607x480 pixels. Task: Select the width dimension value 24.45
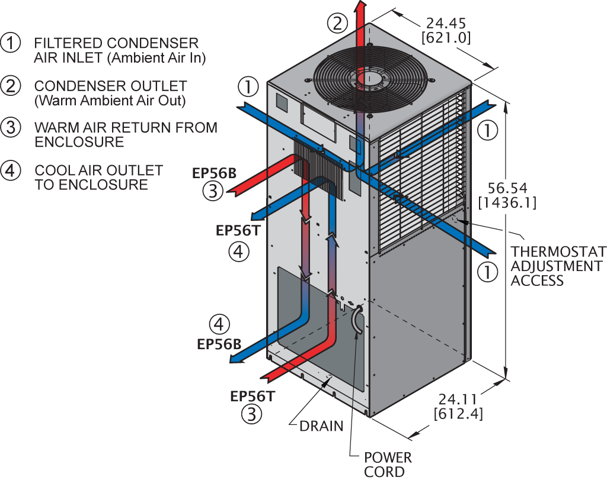click(445, 24)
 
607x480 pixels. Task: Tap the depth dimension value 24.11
click(458, 399)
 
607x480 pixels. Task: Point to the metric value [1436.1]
click(507, 203)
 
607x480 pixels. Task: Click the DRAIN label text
click(321, 426)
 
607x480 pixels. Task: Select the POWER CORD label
click(388, 464)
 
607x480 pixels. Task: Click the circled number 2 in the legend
click(11, 86)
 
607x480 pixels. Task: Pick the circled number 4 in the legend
click(11, 170)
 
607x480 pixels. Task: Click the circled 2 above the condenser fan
click(337, 24)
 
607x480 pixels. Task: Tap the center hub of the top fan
click(370, 78)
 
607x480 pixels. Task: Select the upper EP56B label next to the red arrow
click(215, 173)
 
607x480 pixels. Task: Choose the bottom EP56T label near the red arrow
click(253, 397)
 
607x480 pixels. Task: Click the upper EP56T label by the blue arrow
click(238, 231)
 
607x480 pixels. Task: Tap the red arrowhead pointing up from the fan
click(360, 6)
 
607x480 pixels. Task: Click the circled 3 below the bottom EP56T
click(251, 414)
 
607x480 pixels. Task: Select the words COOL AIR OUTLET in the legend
click(98, 170)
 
